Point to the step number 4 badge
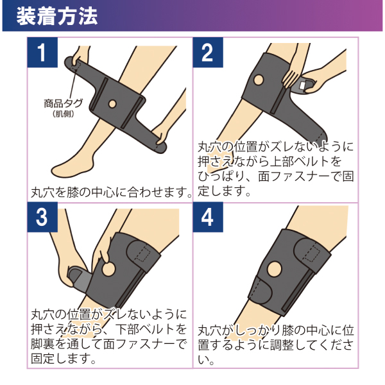click(x=208, y=218)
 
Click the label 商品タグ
click(x=63, y=103)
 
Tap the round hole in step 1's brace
click(x=112, y=103)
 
